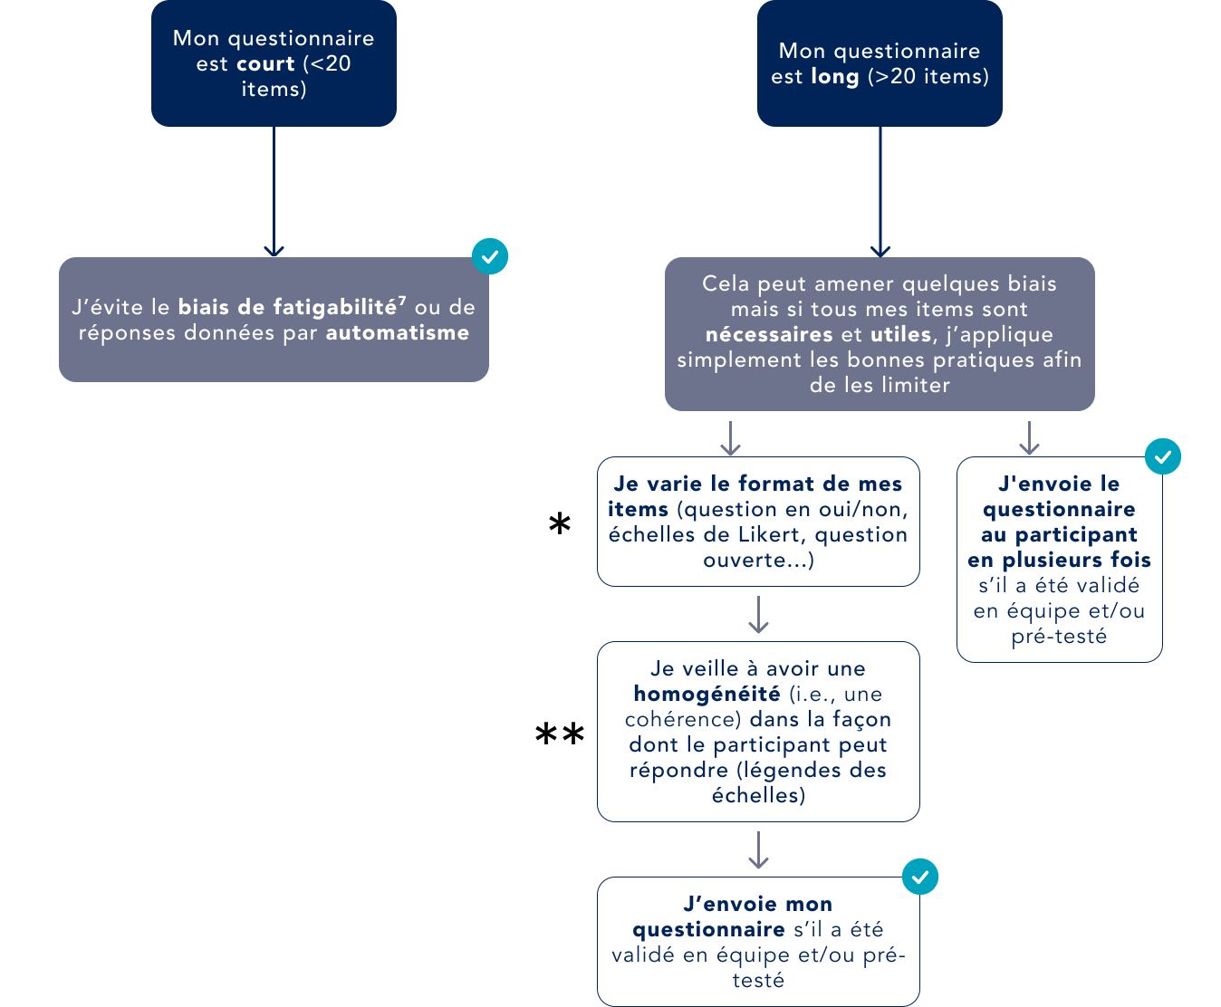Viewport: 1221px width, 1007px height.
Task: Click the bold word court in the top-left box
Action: [265, 64]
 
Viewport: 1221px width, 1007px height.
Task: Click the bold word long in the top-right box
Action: [834, 77]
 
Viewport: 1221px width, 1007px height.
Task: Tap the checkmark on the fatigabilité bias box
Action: [490, 257]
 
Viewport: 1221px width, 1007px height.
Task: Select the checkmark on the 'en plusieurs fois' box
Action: [1163, 456]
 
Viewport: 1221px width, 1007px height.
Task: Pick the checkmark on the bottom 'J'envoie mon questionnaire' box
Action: [920, 877]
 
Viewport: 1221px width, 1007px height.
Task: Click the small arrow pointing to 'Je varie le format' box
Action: [731, 438]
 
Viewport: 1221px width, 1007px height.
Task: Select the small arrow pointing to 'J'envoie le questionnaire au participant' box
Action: [1029, 438]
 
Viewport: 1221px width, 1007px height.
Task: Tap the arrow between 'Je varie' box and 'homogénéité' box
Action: [758, 615]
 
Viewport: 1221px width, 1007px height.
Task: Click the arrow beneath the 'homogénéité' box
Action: [758, 850]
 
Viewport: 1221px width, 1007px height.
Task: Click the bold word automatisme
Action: [398, 333]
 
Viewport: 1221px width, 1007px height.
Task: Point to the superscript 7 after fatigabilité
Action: [402, 301]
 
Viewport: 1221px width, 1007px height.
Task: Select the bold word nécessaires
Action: [770, 335]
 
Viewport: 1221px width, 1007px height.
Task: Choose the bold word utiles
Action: [900, 335]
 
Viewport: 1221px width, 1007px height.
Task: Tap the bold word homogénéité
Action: [707, 695]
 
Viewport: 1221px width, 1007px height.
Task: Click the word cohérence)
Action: [683, 720]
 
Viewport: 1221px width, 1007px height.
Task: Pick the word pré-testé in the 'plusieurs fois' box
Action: [1059, 637]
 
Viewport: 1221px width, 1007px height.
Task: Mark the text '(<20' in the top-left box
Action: [327, 64]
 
